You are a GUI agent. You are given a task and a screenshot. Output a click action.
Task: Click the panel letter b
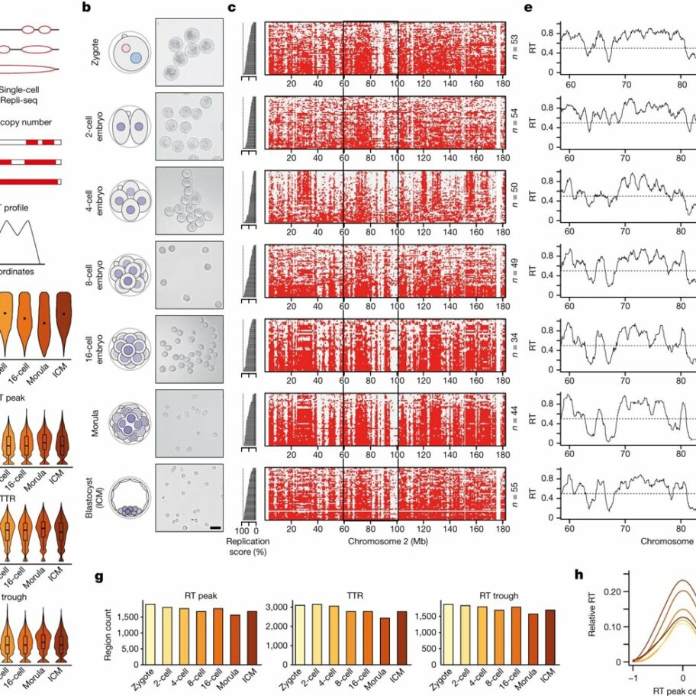[x=86, y=8]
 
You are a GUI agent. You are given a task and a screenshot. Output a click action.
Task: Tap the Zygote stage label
[x=95, y=50]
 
